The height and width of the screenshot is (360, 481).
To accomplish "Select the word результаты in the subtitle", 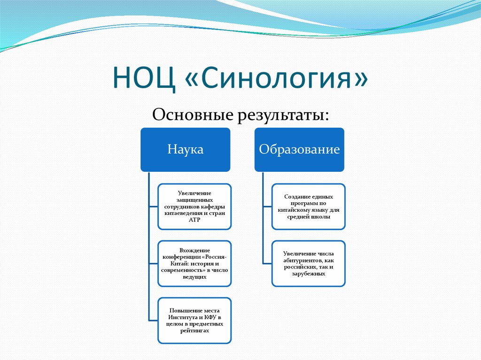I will pos(284,114).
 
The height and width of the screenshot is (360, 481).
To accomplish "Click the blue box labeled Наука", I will pos(186,150).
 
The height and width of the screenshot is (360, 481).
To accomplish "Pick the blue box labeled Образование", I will pos(299,150).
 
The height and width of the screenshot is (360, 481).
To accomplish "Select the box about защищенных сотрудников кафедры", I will pos(194,207).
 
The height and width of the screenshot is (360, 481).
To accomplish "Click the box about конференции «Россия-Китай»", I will pos(194,263).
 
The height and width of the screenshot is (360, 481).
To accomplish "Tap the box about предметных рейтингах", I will pos(194,321).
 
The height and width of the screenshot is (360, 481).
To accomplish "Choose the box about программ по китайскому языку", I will pos(308,207).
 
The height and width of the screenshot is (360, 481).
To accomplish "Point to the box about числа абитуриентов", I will pos(308,263).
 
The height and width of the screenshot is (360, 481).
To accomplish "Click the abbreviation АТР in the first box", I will pos(194,220).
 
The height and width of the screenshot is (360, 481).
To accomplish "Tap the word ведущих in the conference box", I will pos(194,277).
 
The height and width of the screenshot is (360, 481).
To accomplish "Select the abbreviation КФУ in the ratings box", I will pos(206,317).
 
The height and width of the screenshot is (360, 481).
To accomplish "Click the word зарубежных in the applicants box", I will pos(308,274).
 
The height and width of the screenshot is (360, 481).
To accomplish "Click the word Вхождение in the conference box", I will pos(194,250).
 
